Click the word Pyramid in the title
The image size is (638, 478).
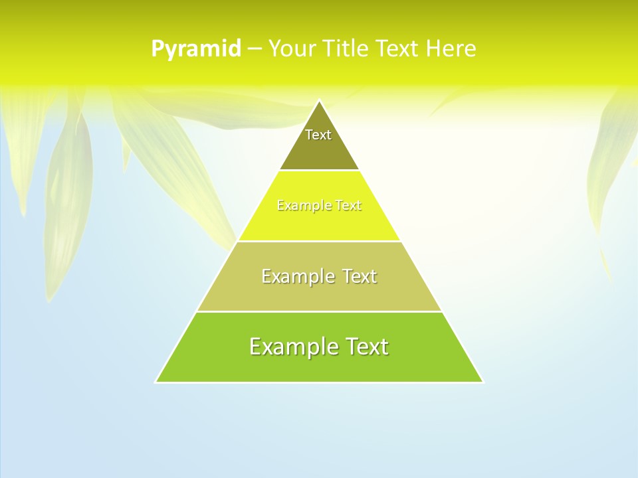[196, 49]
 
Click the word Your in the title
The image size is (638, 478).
[292, 49]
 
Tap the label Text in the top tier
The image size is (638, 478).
[318, 135]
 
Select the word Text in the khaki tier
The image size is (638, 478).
[358, 276]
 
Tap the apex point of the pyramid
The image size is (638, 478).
[319, 101]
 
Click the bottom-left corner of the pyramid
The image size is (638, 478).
[156, 382]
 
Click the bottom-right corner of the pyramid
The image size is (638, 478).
[482, 382]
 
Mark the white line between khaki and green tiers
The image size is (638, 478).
[319, 311]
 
